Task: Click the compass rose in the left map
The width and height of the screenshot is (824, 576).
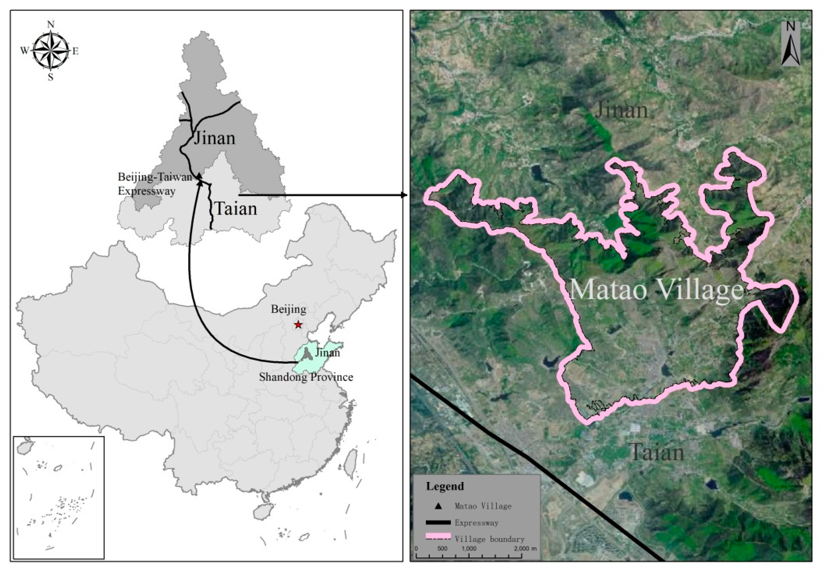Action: tap(51, 51)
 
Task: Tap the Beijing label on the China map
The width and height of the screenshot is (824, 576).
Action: tap(289, 309)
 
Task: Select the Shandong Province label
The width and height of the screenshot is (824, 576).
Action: tap(306, 377)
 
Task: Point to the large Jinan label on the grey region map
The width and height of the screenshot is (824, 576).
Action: tap(214, 138)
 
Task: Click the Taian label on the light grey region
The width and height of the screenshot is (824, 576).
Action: tap(235, 209)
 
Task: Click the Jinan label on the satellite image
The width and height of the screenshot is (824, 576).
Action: tap(622, 110)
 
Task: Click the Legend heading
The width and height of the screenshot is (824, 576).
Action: tap(445, 486)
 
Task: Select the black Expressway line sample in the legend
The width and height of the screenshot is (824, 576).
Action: tap(438, 523)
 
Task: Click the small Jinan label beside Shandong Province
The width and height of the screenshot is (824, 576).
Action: tap(327, 353)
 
